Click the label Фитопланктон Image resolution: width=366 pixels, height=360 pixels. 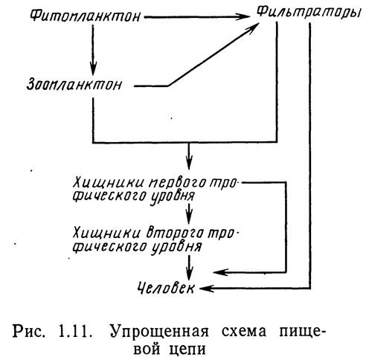pos(85,16)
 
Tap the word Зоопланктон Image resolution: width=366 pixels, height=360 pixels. pos(74,85)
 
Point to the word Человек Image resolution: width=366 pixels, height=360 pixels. pos(166,288)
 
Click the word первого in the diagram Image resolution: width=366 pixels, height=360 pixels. pos(177,183)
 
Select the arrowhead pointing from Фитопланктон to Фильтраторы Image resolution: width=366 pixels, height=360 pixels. pos(242,17)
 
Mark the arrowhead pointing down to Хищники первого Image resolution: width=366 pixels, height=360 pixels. pos(189,162)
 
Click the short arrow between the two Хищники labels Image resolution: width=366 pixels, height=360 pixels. pos(189,213)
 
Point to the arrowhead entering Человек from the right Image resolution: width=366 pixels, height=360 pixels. pos(207,289)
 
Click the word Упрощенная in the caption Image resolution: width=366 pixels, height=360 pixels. pos(159,332)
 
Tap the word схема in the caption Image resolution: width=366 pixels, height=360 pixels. pos(244,332)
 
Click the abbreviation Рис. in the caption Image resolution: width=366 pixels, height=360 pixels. pos(28,332)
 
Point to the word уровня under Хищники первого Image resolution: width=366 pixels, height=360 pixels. pos(173,196)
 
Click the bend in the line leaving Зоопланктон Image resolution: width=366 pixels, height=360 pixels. pos(169,86)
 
